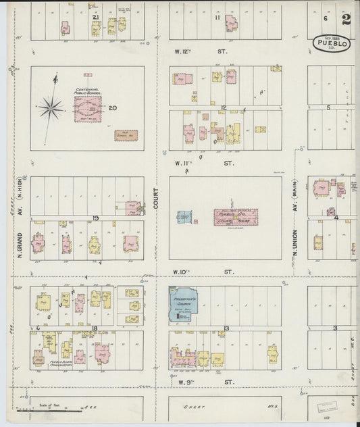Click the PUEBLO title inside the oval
click(x=331, y=45)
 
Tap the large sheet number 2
click(x=346, y=19)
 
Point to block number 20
click(x=113, y=107)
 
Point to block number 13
click(x=227, y=328)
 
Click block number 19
click(x=96, y=218)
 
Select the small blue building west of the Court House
click(x=185, y=218)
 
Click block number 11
click(x=217, y=18)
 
